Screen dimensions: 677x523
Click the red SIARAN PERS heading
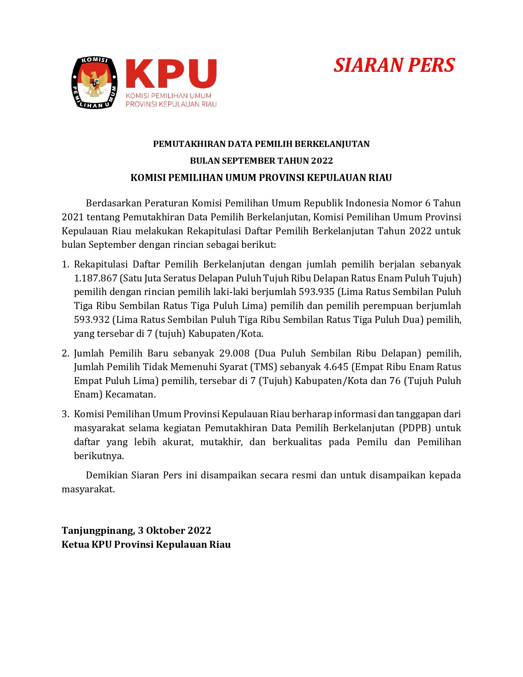(x=394, y=65)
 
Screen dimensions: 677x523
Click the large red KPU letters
(x=171, y=74)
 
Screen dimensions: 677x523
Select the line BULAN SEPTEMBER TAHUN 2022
(x=261, y=160)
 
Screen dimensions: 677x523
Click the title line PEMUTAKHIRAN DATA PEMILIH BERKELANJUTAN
(x=261, y=144)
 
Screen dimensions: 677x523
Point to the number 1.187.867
(x=96, y=278)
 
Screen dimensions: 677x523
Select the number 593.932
(x=92, y=320)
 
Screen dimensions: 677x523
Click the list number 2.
(x=66, y=353)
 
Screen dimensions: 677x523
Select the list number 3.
(x=66, y=414)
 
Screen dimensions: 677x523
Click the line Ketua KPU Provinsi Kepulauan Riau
(x=146, y=544)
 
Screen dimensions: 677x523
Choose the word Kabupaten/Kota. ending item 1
(x=226, y=334)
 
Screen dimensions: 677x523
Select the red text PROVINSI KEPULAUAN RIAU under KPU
(x=171, y=104)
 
